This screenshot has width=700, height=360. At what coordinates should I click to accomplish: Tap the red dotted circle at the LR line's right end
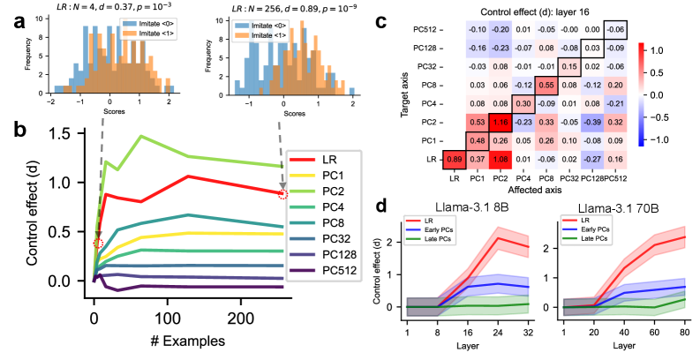tap(282, 194)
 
